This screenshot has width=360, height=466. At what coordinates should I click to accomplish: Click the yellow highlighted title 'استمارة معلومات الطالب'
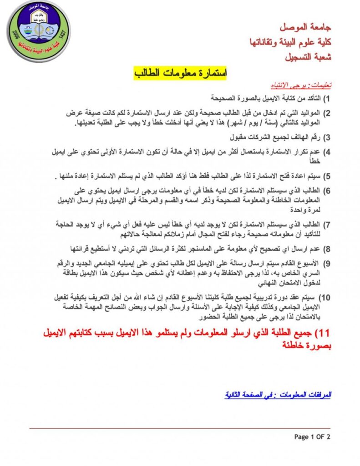pos(180,73)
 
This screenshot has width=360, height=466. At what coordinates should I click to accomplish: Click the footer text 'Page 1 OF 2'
pos(312,437)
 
